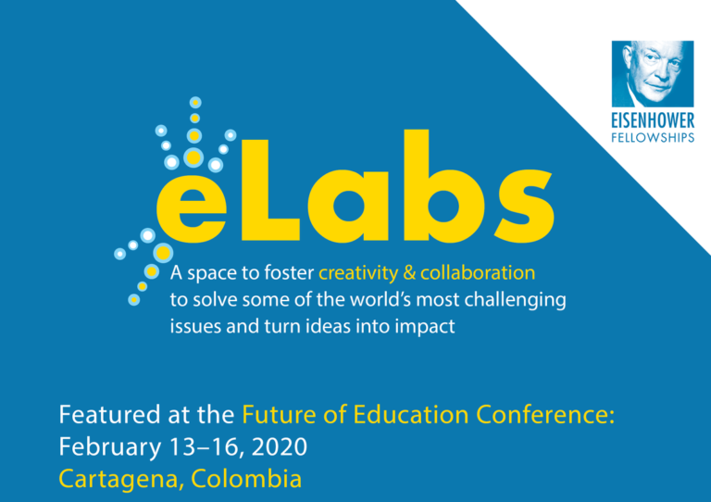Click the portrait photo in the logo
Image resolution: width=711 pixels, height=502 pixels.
coord(652,73)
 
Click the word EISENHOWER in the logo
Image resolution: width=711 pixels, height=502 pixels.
coord(652,120)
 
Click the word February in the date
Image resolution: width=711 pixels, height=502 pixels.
coord(99,447)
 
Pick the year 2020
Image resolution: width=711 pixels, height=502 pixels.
coord(278,447)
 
